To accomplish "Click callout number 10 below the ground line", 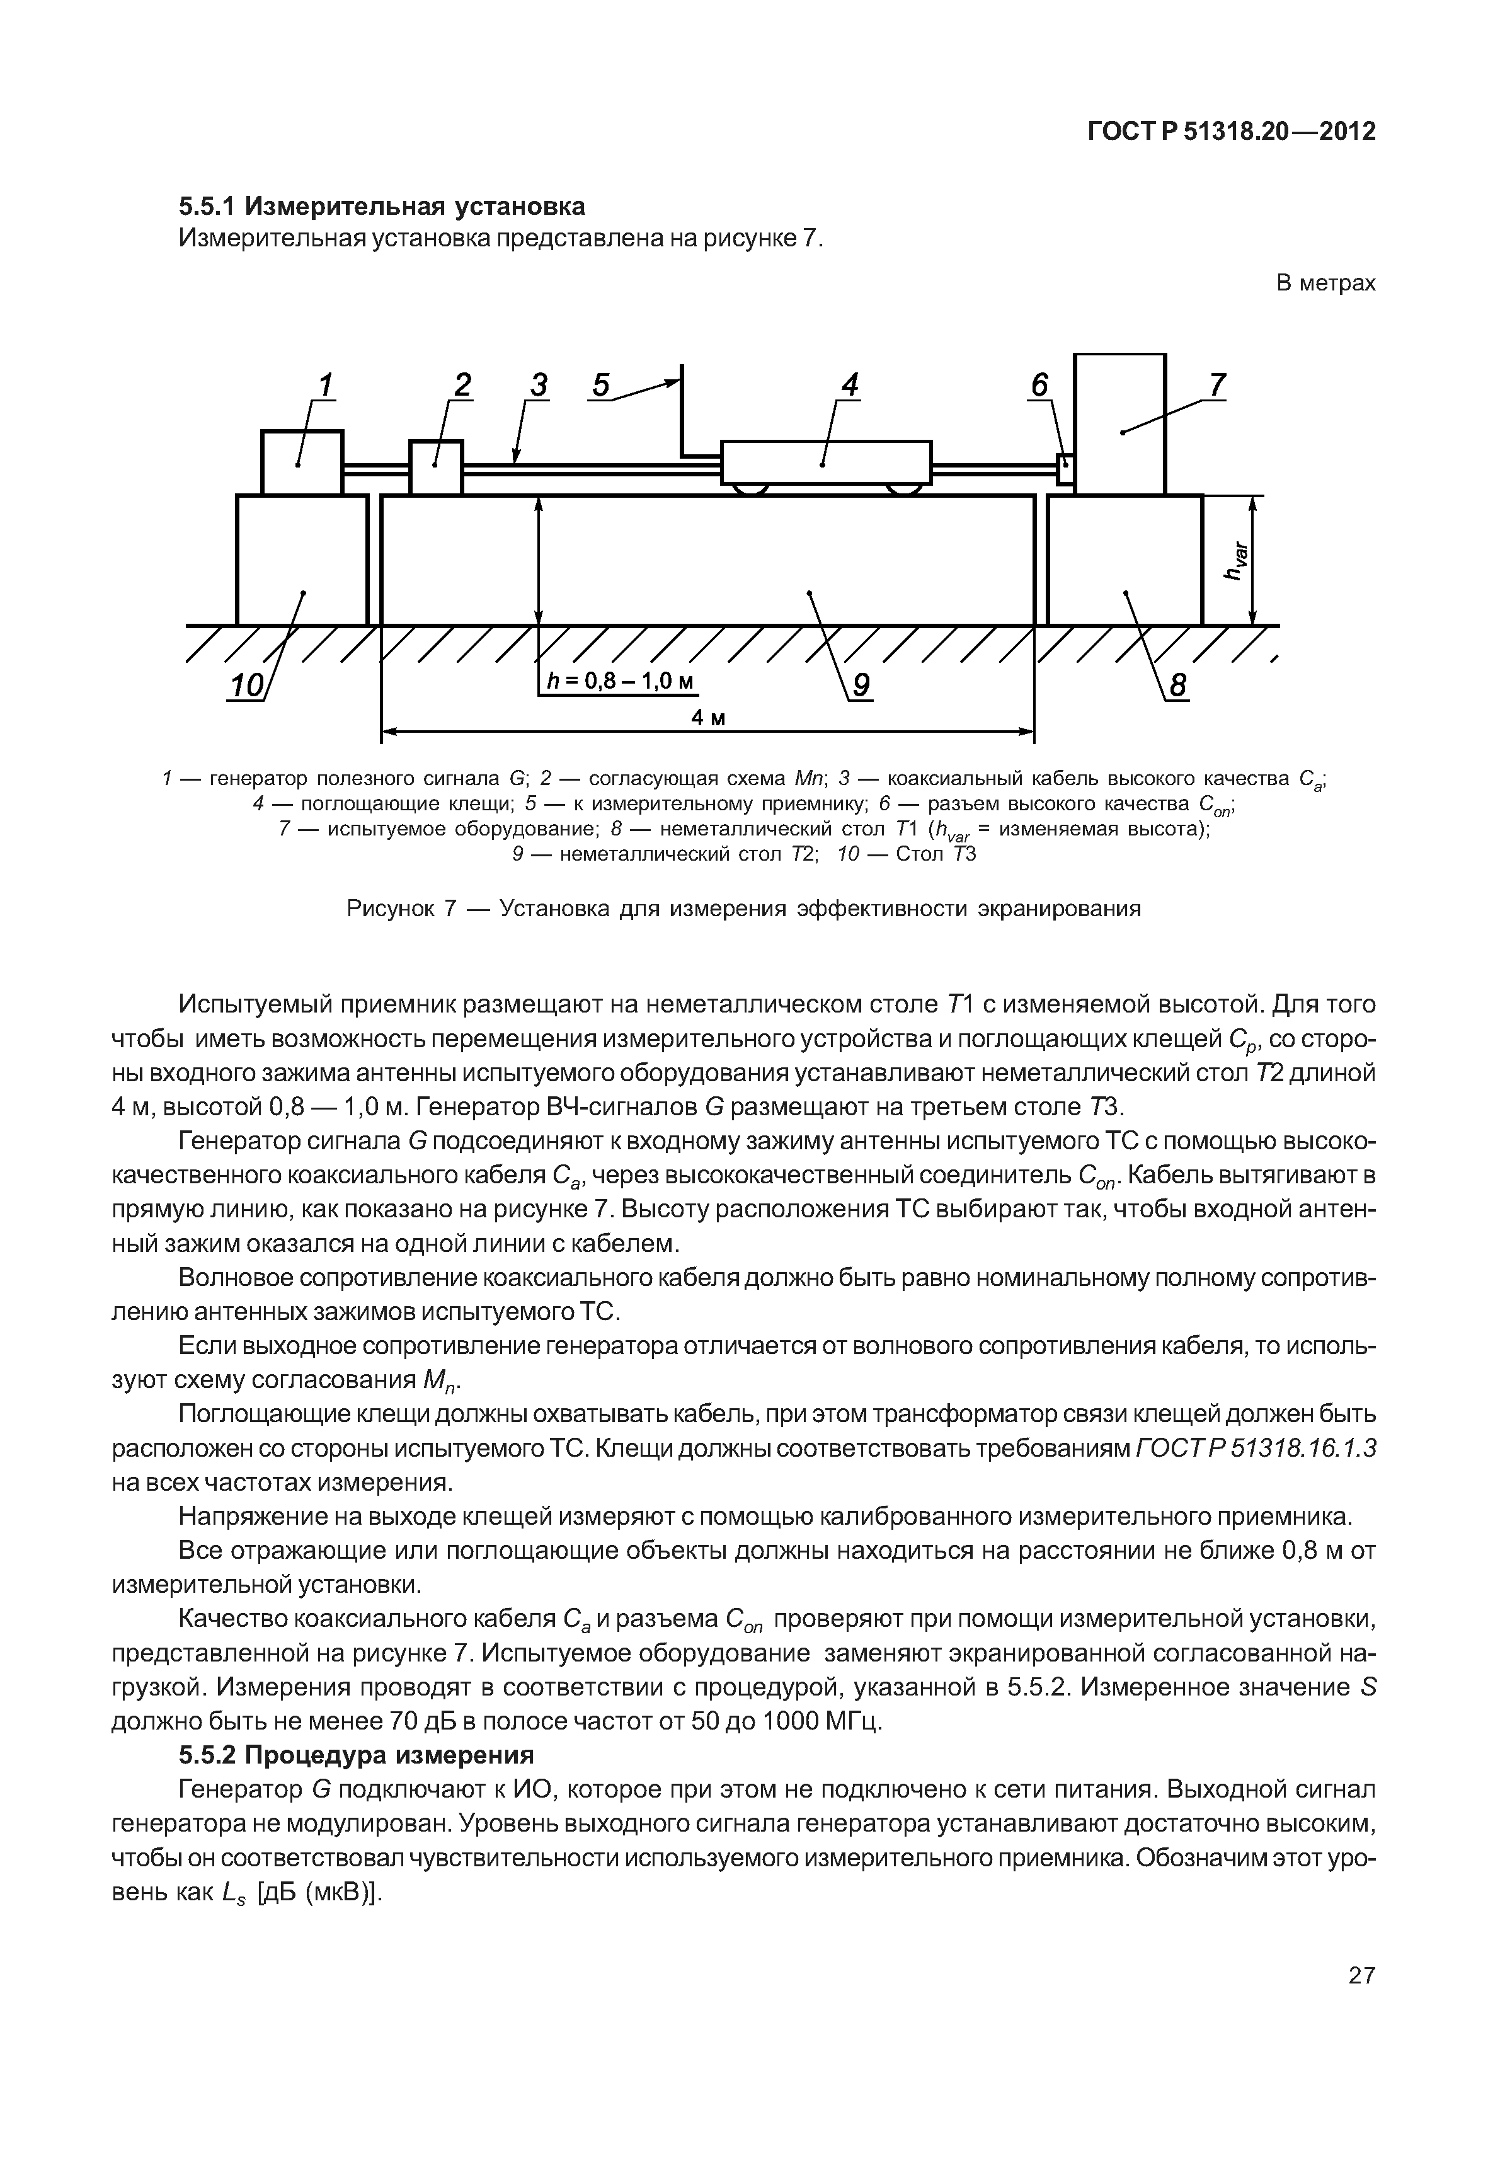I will (x=247, y=686).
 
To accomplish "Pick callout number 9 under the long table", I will (x=861, y=686).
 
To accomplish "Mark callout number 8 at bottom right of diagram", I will (x=1179, y=686).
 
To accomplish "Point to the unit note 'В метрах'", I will (x=1325, y=282).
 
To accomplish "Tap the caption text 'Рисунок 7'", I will (x=400, y=907).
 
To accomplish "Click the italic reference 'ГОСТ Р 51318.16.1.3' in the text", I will (x=1256, y=1447).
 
